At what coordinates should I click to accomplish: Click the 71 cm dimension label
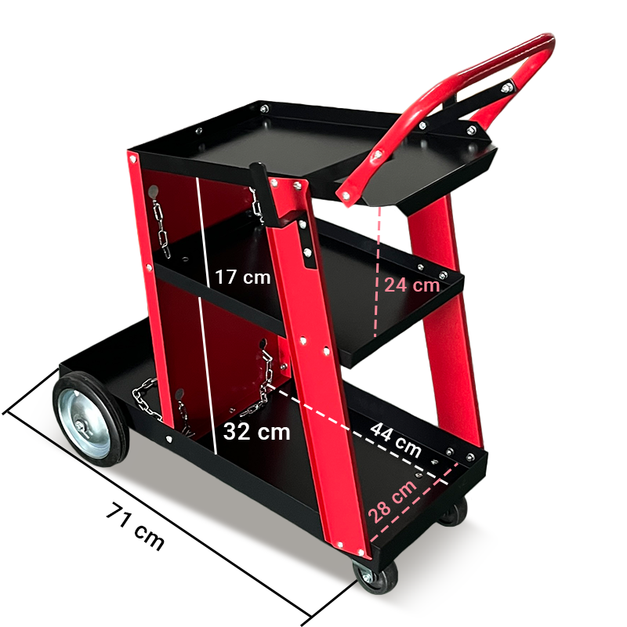point(135,526)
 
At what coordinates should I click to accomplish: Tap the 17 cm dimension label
point(242,277)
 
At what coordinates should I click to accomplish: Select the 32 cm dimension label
point(256,432)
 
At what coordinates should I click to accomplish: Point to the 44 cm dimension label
point(396,440)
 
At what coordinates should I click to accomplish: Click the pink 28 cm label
point(392,502)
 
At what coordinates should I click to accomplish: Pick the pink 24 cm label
point(412,285)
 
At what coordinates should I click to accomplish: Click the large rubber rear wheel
point(91,419)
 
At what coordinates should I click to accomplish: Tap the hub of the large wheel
point(82,426)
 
